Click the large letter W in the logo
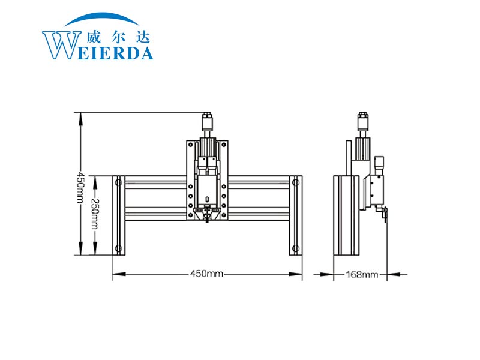[x=61, y=44]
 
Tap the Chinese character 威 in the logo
[x=93, y=37]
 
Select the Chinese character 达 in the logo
[x=143, y=37]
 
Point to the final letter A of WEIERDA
[x=146, y=53]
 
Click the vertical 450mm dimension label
[x=80, y=187]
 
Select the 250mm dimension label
[x=95, y=214]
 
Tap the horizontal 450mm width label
[x=206, y=274]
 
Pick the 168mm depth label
[x=362, y=274]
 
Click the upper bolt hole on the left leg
[x=118, y=183]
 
